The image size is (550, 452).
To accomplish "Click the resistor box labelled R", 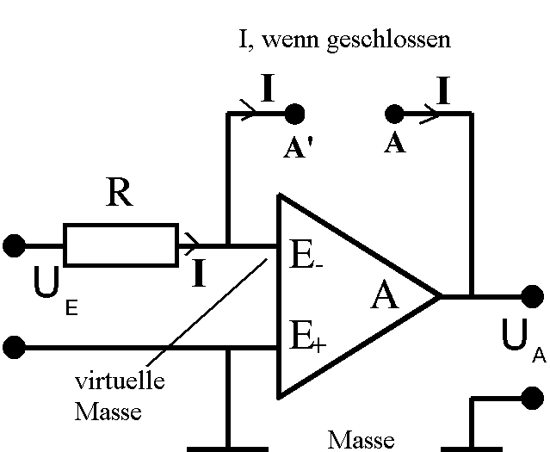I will (121, 245).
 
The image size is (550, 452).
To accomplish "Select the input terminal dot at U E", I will (14, 246).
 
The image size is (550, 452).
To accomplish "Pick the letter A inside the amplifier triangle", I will (385, 298).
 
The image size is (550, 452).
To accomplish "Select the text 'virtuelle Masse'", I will (118, 395).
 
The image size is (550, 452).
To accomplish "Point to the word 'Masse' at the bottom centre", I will (361, 440).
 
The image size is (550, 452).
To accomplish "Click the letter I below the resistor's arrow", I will (199, 273).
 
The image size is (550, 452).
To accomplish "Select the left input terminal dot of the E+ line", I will (14, 348).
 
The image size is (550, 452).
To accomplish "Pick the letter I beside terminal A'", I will (267, 90).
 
